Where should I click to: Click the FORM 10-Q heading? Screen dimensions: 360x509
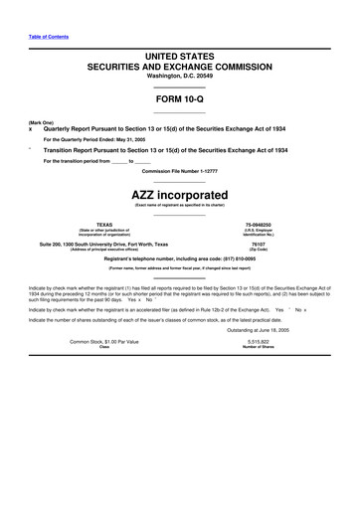(180, 99)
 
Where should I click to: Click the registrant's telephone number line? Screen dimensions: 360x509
(180, 257)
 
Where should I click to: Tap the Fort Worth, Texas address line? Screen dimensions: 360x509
(117, 243)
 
